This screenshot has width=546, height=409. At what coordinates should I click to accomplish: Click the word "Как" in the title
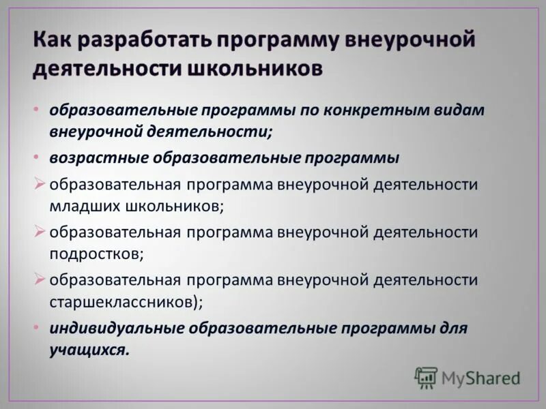click(x=53, y=39)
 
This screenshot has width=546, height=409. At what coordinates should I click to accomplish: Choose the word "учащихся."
click(x=89, y=350)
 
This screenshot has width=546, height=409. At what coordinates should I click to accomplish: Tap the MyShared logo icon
click(x=426, y=377)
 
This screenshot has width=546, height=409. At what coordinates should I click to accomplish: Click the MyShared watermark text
click(x=480, y=378)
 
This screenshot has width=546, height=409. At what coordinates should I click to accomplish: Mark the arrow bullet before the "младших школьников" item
click(x=40, y=184)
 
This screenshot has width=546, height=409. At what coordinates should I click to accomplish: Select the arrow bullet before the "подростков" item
click(x=40, y=232)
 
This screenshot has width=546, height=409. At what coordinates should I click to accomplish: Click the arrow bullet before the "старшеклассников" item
click(x=40, y=279)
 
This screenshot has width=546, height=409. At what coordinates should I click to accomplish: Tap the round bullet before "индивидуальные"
click(x=35, y=328)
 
